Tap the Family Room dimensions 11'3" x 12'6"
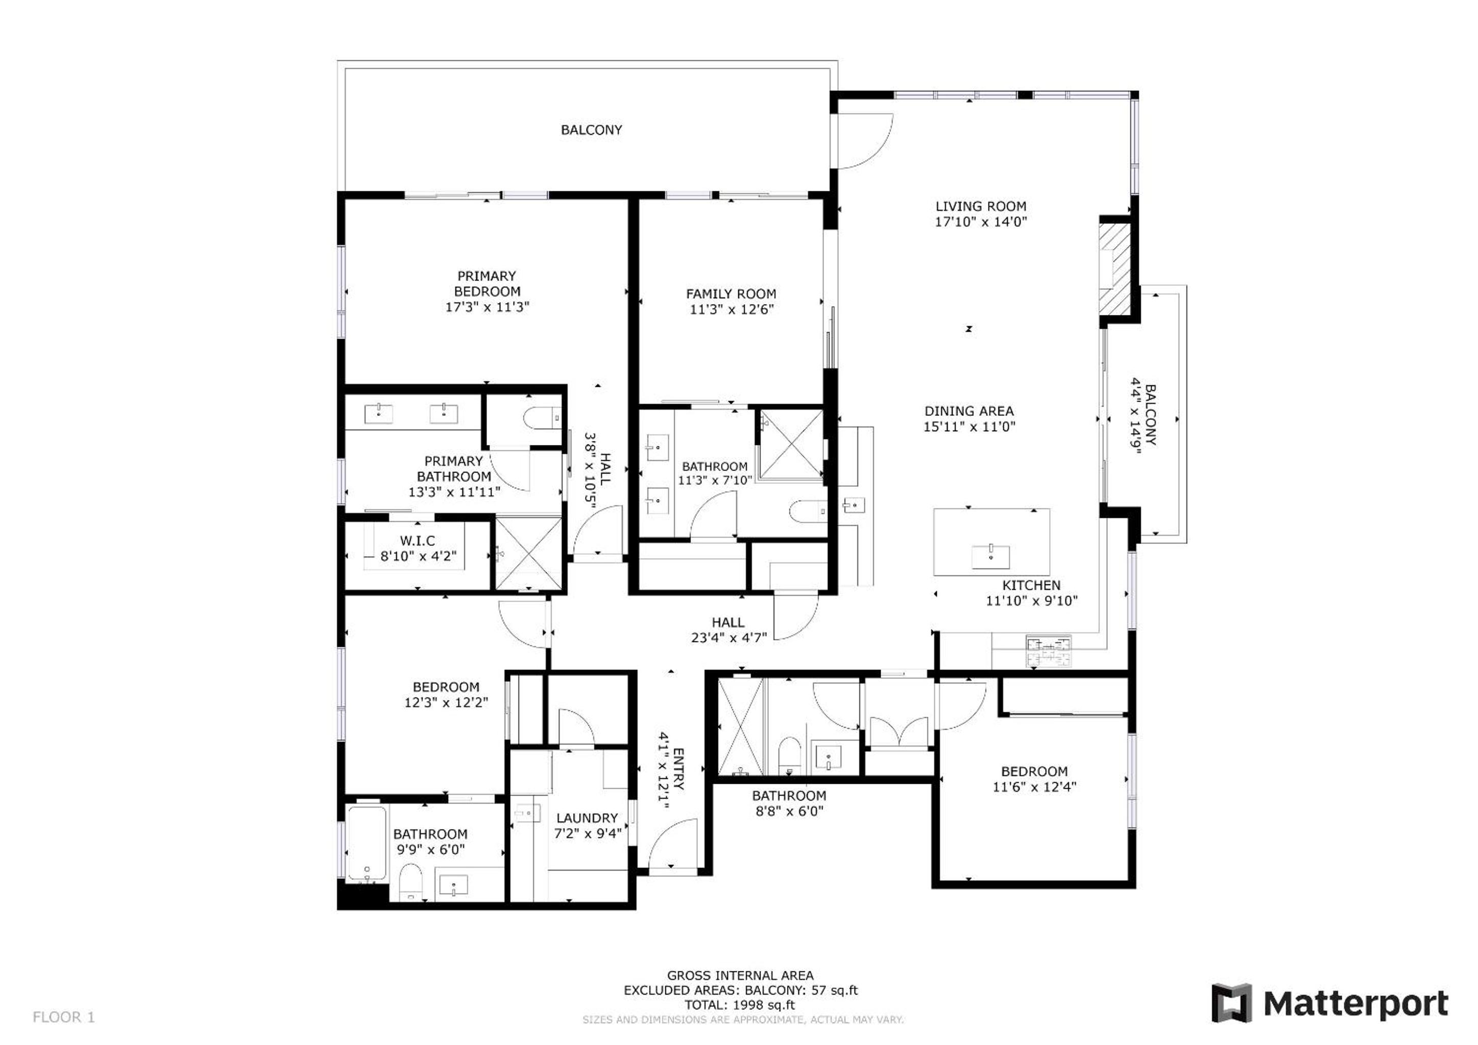pos(731,310)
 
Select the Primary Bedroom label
pos(487,284)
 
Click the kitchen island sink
pos(991,557)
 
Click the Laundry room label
pos(587,818)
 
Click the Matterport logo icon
pos(1232,1004)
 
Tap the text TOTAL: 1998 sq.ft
pos(740,1005)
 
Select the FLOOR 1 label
pos(64,1017)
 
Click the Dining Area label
pos(970,411)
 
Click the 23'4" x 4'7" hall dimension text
pos(729,638)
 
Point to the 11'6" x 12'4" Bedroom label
pos(1034,772)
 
